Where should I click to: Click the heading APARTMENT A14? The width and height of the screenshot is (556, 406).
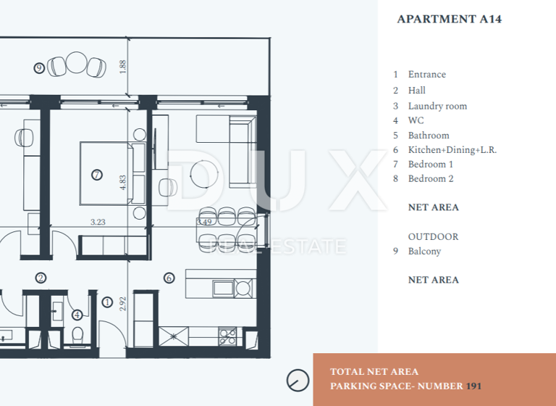449,20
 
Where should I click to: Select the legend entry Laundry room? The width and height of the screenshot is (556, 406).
437,106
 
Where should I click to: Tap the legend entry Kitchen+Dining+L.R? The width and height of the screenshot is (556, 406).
452,150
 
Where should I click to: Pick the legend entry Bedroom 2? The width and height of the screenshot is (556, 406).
431,179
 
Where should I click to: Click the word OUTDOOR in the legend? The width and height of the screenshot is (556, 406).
433,237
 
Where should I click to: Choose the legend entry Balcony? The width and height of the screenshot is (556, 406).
424,252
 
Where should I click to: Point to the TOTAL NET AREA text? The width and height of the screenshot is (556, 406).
374,372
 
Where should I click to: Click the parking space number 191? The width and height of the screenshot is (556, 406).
473,386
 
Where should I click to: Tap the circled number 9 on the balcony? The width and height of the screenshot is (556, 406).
39,68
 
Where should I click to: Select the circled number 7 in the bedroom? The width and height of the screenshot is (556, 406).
97,175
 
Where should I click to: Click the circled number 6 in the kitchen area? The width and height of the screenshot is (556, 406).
169,277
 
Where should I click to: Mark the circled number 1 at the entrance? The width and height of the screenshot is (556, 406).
107,302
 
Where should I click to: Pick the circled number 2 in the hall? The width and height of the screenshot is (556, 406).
41,277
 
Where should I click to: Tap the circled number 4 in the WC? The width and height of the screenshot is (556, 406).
77,315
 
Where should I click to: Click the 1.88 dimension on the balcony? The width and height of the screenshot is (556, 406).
124,67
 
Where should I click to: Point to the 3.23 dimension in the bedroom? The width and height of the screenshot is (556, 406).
97,223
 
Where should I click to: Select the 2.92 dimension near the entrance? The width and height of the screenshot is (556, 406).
123,303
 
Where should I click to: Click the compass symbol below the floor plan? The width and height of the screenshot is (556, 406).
297,379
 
